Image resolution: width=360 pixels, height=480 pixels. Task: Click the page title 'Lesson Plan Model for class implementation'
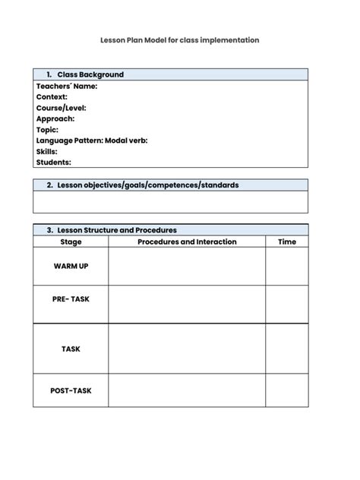tap(179, 39)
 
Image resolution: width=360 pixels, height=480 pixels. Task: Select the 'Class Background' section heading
tap(90, 74)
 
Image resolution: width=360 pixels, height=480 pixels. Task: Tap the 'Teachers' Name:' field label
tap(67, 86)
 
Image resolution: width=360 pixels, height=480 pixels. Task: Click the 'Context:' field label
tap(52, 96)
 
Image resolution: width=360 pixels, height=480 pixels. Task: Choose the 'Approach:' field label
tap(55, 118)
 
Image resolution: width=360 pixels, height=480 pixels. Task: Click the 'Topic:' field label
tap(47, 130)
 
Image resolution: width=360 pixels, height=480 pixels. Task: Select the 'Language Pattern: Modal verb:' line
tap(91, 141)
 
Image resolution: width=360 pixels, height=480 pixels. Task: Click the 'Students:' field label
tap(53, 163)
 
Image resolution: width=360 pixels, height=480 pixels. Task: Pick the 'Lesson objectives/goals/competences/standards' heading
tap(147, 185)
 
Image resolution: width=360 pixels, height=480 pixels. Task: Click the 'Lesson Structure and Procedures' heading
tap(116, 230)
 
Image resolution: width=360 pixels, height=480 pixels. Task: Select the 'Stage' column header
tap(71, 242)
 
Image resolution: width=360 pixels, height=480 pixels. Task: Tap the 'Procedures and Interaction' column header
tap(187, 242)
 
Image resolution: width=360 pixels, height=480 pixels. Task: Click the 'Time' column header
tap(287, 242)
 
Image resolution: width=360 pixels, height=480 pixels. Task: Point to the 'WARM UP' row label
tap(71, 267)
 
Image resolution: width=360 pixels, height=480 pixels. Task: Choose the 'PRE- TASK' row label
tap(71, 299)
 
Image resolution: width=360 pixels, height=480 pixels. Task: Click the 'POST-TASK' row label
tap(71, 390)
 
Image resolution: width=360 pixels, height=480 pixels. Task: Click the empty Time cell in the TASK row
tap(287, 349)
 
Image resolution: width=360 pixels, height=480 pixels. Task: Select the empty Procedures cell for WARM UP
tap(187, 267)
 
